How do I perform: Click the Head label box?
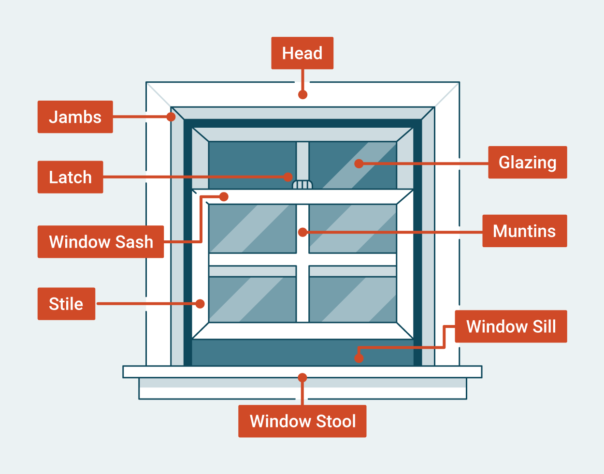[x=302, y=53]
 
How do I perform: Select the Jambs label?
[x=75, y=117]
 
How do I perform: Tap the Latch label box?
[x=70, y=177]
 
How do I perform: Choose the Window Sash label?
[x=101, y=241]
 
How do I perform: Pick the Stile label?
[x=66, y=304]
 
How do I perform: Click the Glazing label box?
[x=527, y=163]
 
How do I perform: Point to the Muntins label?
[x=524, y=231]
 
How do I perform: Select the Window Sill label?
[x=511, y=326]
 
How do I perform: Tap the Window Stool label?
[x=302, y=421]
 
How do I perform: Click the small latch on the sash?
[x=302, y=185]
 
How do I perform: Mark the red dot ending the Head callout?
[x=302, y=94]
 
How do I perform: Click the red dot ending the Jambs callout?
[x=171, y=117]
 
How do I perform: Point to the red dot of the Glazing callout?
[x=359, y=163]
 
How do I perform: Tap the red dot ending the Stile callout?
[x=200, y=304]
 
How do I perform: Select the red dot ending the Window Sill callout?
[x=358, y=358]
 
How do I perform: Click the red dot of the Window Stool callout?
[x=302, y=377]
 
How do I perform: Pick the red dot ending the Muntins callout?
[x=302, y=232]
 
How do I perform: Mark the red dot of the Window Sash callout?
[x=224, y=196]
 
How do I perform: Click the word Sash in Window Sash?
[x=133, y=241]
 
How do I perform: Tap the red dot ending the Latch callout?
[x=288, y=177]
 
